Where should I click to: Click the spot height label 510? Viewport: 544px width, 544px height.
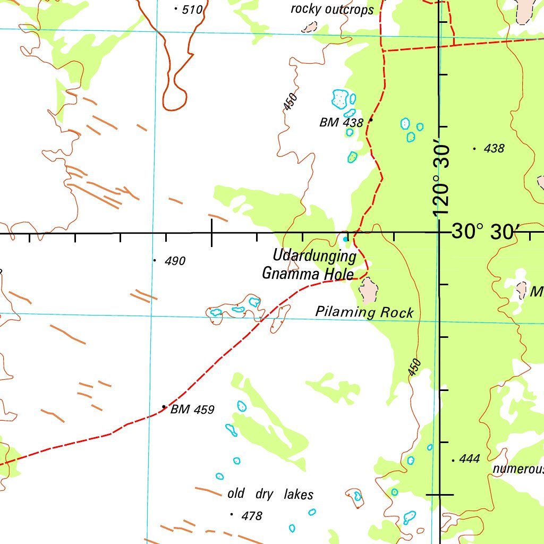click(192, 9)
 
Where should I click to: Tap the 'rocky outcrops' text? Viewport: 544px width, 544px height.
click(332, 10)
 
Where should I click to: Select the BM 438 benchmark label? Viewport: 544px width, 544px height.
click(341, 123)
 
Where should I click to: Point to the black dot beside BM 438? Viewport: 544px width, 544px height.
click(371, 120)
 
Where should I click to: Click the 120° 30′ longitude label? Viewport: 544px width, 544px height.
click(442, 181)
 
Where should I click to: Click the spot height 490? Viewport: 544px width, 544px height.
click(174, 261)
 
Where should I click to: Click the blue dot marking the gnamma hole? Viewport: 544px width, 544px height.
click(346, 240)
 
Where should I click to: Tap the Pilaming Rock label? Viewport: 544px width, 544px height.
click(364, 312)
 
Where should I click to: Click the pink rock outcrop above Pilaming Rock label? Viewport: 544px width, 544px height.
click(368, 290)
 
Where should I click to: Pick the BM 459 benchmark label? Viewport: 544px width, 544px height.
click(192, 410)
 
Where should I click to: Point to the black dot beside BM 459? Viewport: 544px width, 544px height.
click(164, 407)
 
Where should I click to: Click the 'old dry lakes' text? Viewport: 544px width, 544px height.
click(270, 494)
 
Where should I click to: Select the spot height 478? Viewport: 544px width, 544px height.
click(252, 516)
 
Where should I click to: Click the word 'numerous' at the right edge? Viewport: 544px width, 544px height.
click(518, 469)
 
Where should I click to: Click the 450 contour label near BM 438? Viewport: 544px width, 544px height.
click(290, 101)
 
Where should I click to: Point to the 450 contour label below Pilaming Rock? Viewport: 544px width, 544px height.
click(415, 368)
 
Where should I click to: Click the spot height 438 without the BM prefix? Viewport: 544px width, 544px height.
click(494, 149)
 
